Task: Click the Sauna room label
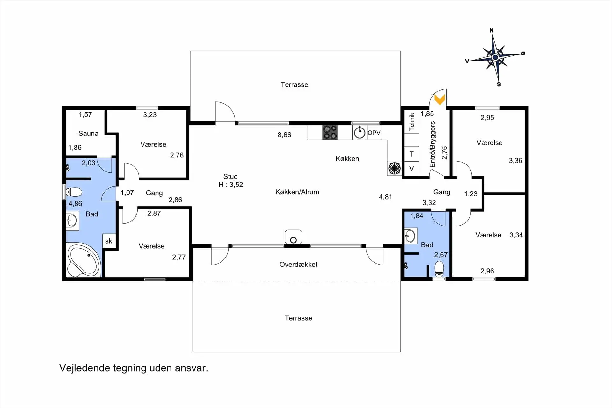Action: pos(88,133)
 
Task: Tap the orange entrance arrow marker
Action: pos(440,100)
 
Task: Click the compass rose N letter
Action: pos(492,30)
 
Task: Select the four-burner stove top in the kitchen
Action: pos(330,132)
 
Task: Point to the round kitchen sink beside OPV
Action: pos(360,133)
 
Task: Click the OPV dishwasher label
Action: pos(374,133)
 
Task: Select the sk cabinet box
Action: pos(109,241)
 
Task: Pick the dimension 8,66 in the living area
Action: pos(284,135)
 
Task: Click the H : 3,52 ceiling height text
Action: pos(231,185)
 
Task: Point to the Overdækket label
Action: pos(298,265)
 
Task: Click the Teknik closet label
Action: pos(412,122)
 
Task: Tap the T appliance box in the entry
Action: pos(412,154)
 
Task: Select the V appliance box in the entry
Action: pos(412,169)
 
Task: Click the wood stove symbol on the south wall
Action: pos(293,237)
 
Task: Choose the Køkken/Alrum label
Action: pos(297,192)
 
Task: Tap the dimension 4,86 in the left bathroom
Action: pos(75,204)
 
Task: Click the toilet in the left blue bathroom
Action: pos(74,192)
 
